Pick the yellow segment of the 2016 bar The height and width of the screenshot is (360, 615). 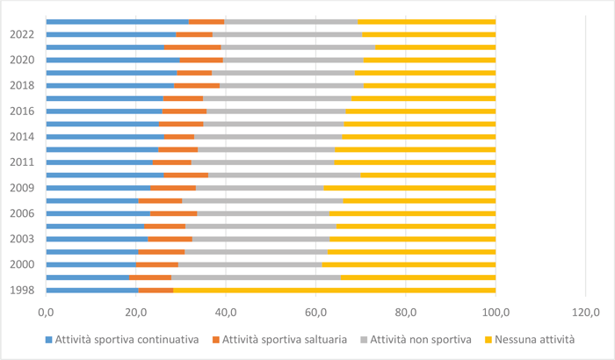(421, 111)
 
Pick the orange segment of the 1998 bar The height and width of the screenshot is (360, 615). (156, 289)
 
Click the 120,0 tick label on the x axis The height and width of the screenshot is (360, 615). (585, 310)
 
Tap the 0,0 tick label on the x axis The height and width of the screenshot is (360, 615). (46, 310)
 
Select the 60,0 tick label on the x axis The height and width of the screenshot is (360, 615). (315, 310)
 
